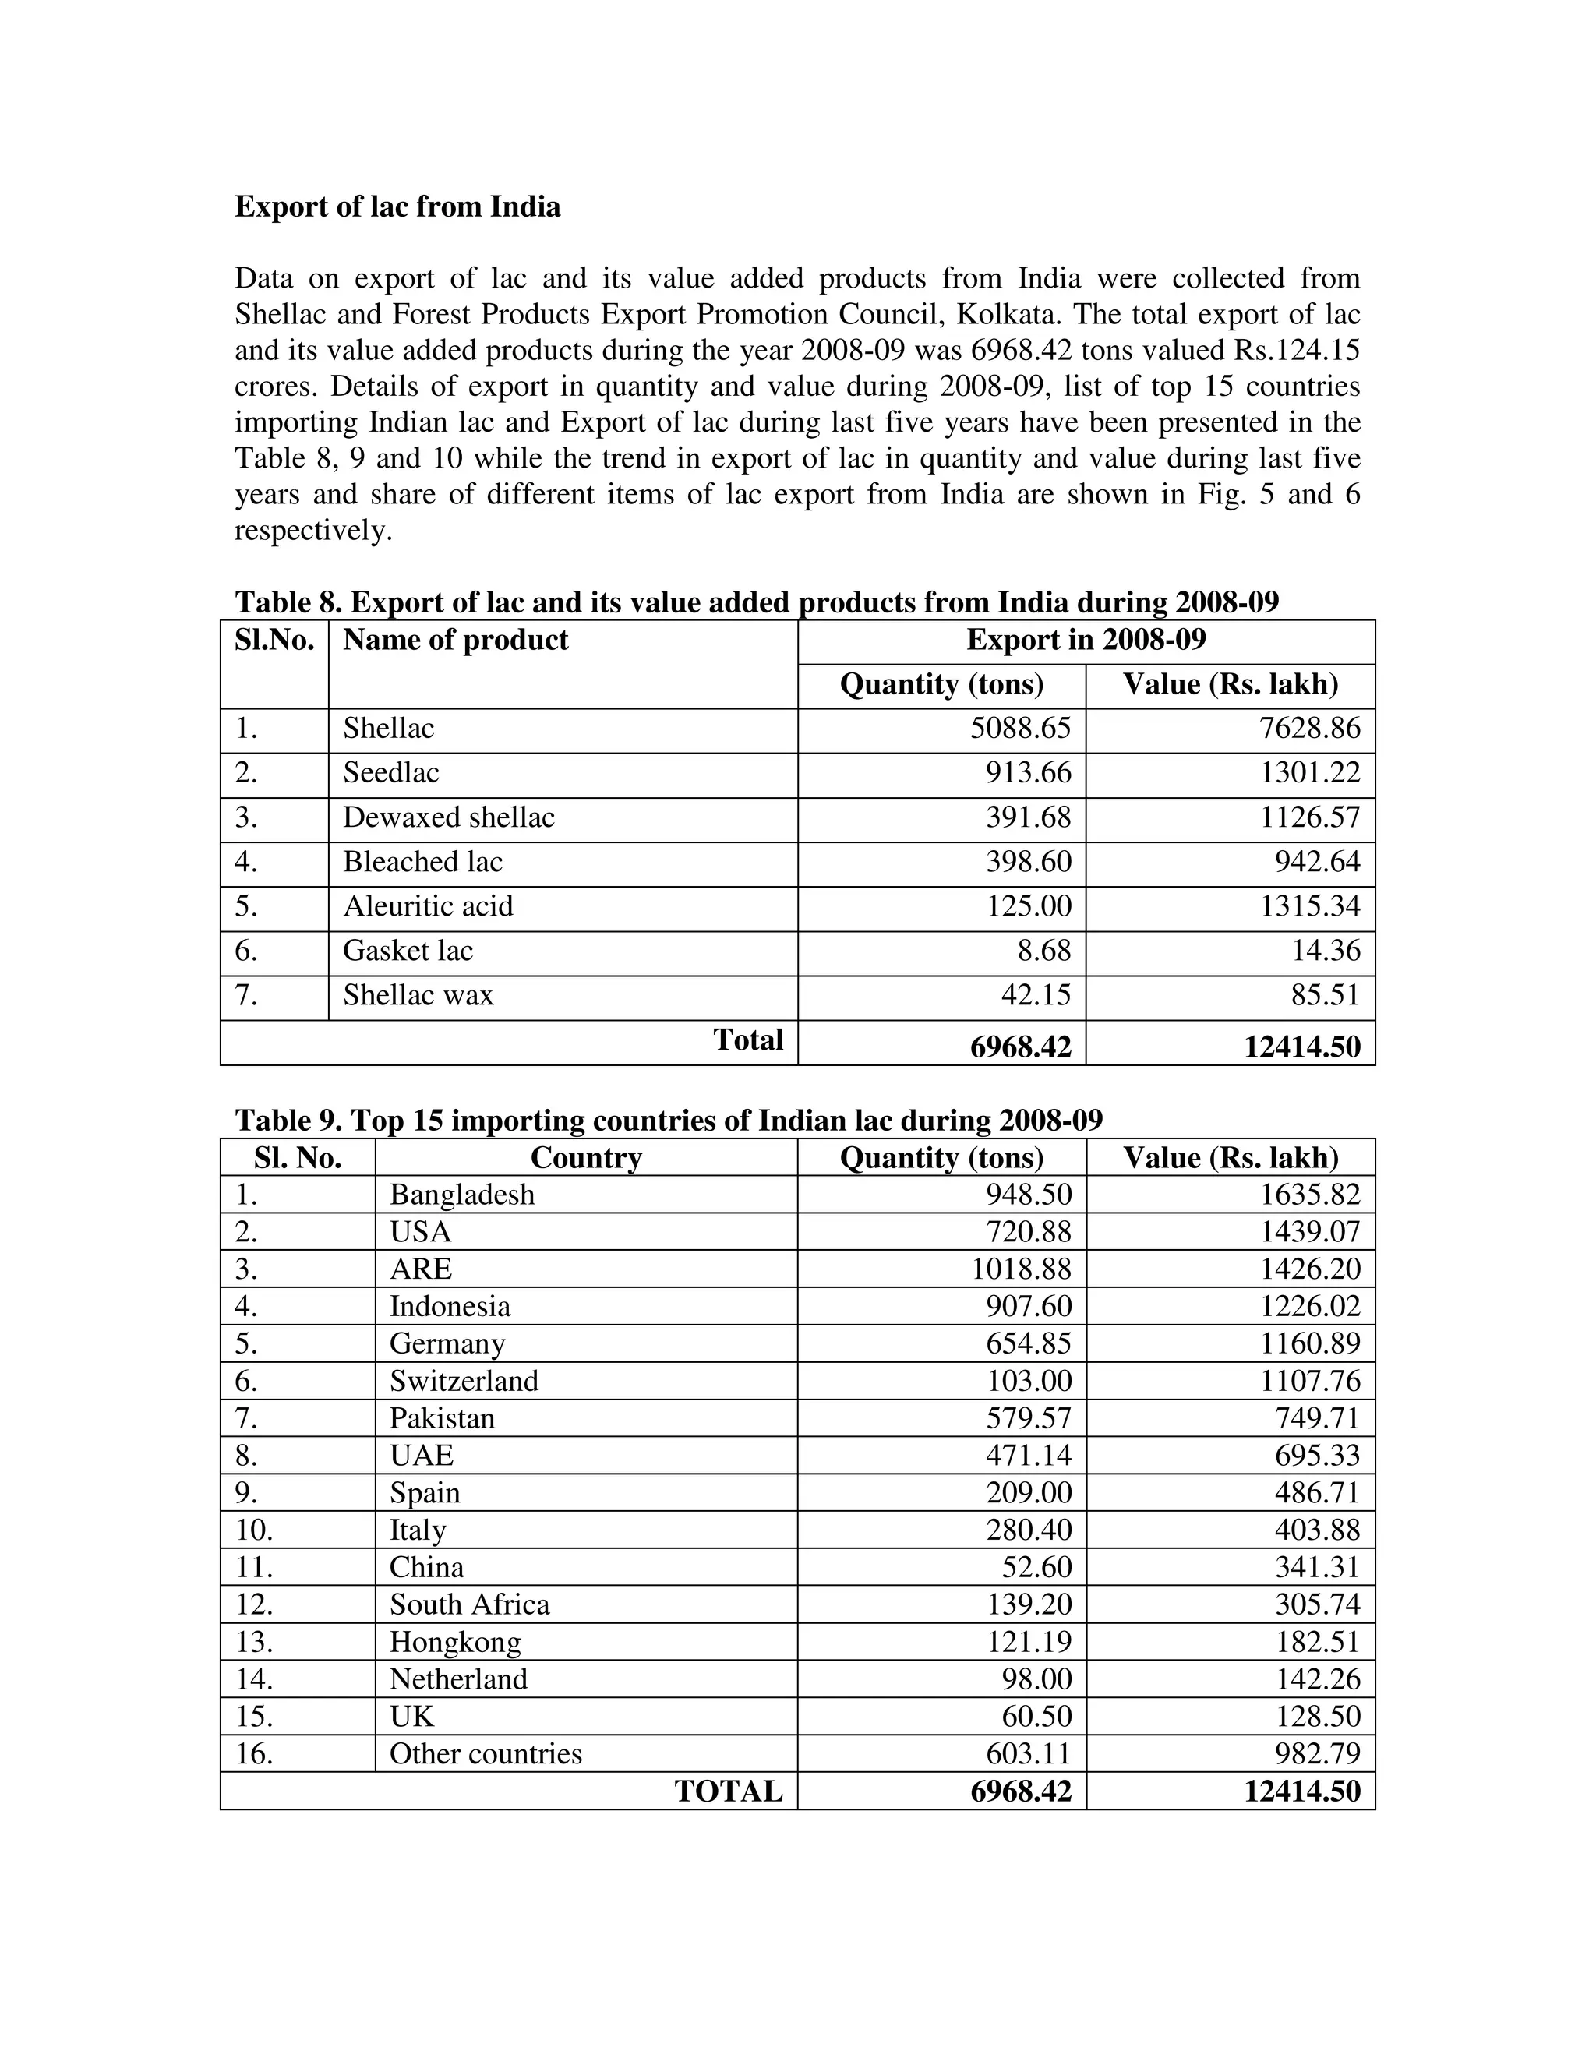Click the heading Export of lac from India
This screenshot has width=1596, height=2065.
point(397,207)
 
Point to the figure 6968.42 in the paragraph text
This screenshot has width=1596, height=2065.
point(1021,351)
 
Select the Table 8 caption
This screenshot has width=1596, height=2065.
point(757,602)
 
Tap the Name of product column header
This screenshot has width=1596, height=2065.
point(455,640)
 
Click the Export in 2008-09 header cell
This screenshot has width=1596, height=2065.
point(1086,640)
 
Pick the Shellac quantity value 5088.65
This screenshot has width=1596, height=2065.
point(1020,728)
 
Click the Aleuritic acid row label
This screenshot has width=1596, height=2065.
point(427,905)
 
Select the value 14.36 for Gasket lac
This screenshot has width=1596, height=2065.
point(1326,950)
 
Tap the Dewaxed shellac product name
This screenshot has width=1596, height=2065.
point(448,817)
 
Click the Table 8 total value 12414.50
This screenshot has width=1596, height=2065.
point(1302,1047)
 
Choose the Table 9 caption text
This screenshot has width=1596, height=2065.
point(669,1121)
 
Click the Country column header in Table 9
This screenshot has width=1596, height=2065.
point(585,1158)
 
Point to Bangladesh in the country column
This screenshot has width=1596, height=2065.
point(461,1195)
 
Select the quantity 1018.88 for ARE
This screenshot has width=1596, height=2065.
point(1021,1269)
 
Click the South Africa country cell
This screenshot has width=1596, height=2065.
point(469,1604)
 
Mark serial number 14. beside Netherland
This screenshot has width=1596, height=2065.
point(253,1679)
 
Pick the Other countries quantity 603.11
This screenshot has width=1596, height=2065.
point(1029,1754)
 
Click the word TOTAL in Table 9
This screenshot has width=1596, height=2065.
point(728,1791)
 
